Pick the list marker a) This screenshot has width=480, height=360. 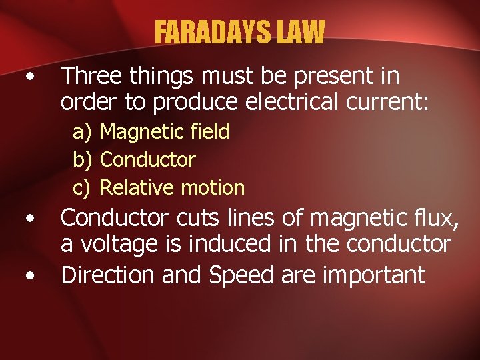[x=83, y=132]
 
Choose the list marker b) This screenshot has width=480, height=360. [x=83, y=160]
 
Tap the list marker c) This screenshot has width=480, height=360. [x=83, y=188]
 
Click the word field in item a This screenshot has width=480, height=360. [x=209, y=131]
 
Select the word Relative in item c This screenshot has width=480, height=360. [x=136, y=188]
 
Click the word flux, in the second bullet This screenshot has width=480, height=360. [x=431, y=217]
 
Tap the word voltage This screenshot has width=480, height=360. [x=117, y=245]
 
